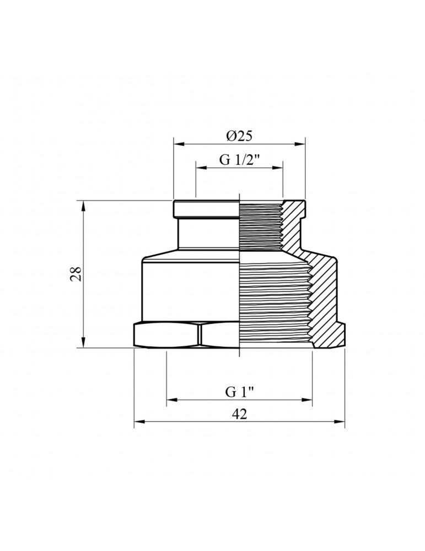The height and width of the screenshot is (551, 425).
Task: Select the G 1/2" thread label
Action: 239,160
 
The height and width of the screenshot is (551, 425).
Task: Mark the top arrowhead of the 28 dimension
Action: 83,205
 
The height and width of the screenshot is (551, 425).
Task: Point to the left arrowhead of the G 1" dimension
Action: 171,400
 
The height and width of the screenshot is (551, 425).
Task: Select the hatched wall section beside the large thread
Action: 325,300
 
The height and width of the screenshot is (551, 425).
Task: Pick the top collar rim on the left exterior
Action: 207,209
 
